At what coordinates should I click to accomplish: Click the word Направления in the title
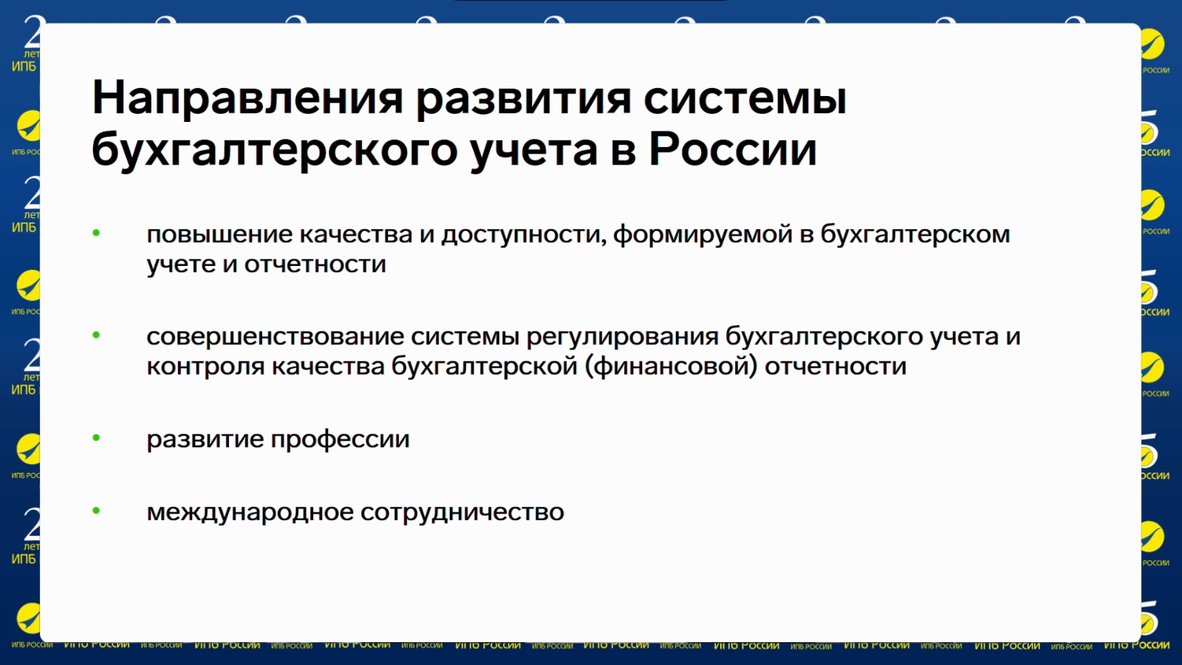click(247, 98)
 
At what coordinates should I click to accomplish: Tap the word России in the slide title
click(732, 149)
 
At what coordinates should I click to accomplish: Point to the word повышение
click(219, 234)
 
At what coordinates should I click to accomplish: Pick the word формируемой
click(703, 235)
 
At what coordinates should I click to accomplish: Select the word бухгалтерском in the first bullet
click(915, 234)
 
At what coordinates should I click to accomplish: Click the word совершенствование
click(275, 337)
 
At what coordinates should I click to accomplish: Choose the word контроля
click(205, 366)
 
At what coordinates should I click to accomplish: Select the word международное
click(250, 512)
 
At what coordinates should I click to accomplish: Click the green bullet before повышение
click(96, 233)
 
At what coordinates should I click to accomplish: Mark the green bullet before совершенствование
click(96, 335)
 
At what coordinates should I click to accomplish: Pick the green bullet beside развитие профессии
click(96, 437)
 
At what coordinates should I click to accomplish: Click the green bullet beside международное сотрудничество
click(96, 511)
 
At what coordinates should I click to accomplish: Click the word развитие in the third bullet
click(205, 439)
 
